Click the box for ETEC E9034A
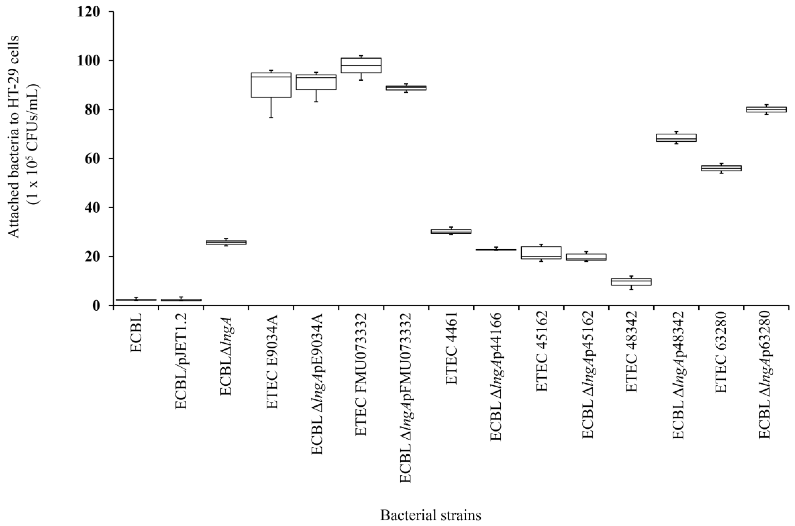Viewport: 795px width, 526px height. (271, 85)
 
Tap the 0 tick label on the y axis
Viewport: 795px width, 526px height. (99, 306)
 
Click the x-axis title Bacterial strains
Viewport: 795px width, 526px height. (430, 515)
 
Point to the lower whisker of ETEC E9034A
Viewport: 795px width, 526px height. (271, 107)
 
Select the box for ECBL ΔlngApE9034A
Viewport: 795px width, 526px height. (316, 82)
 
